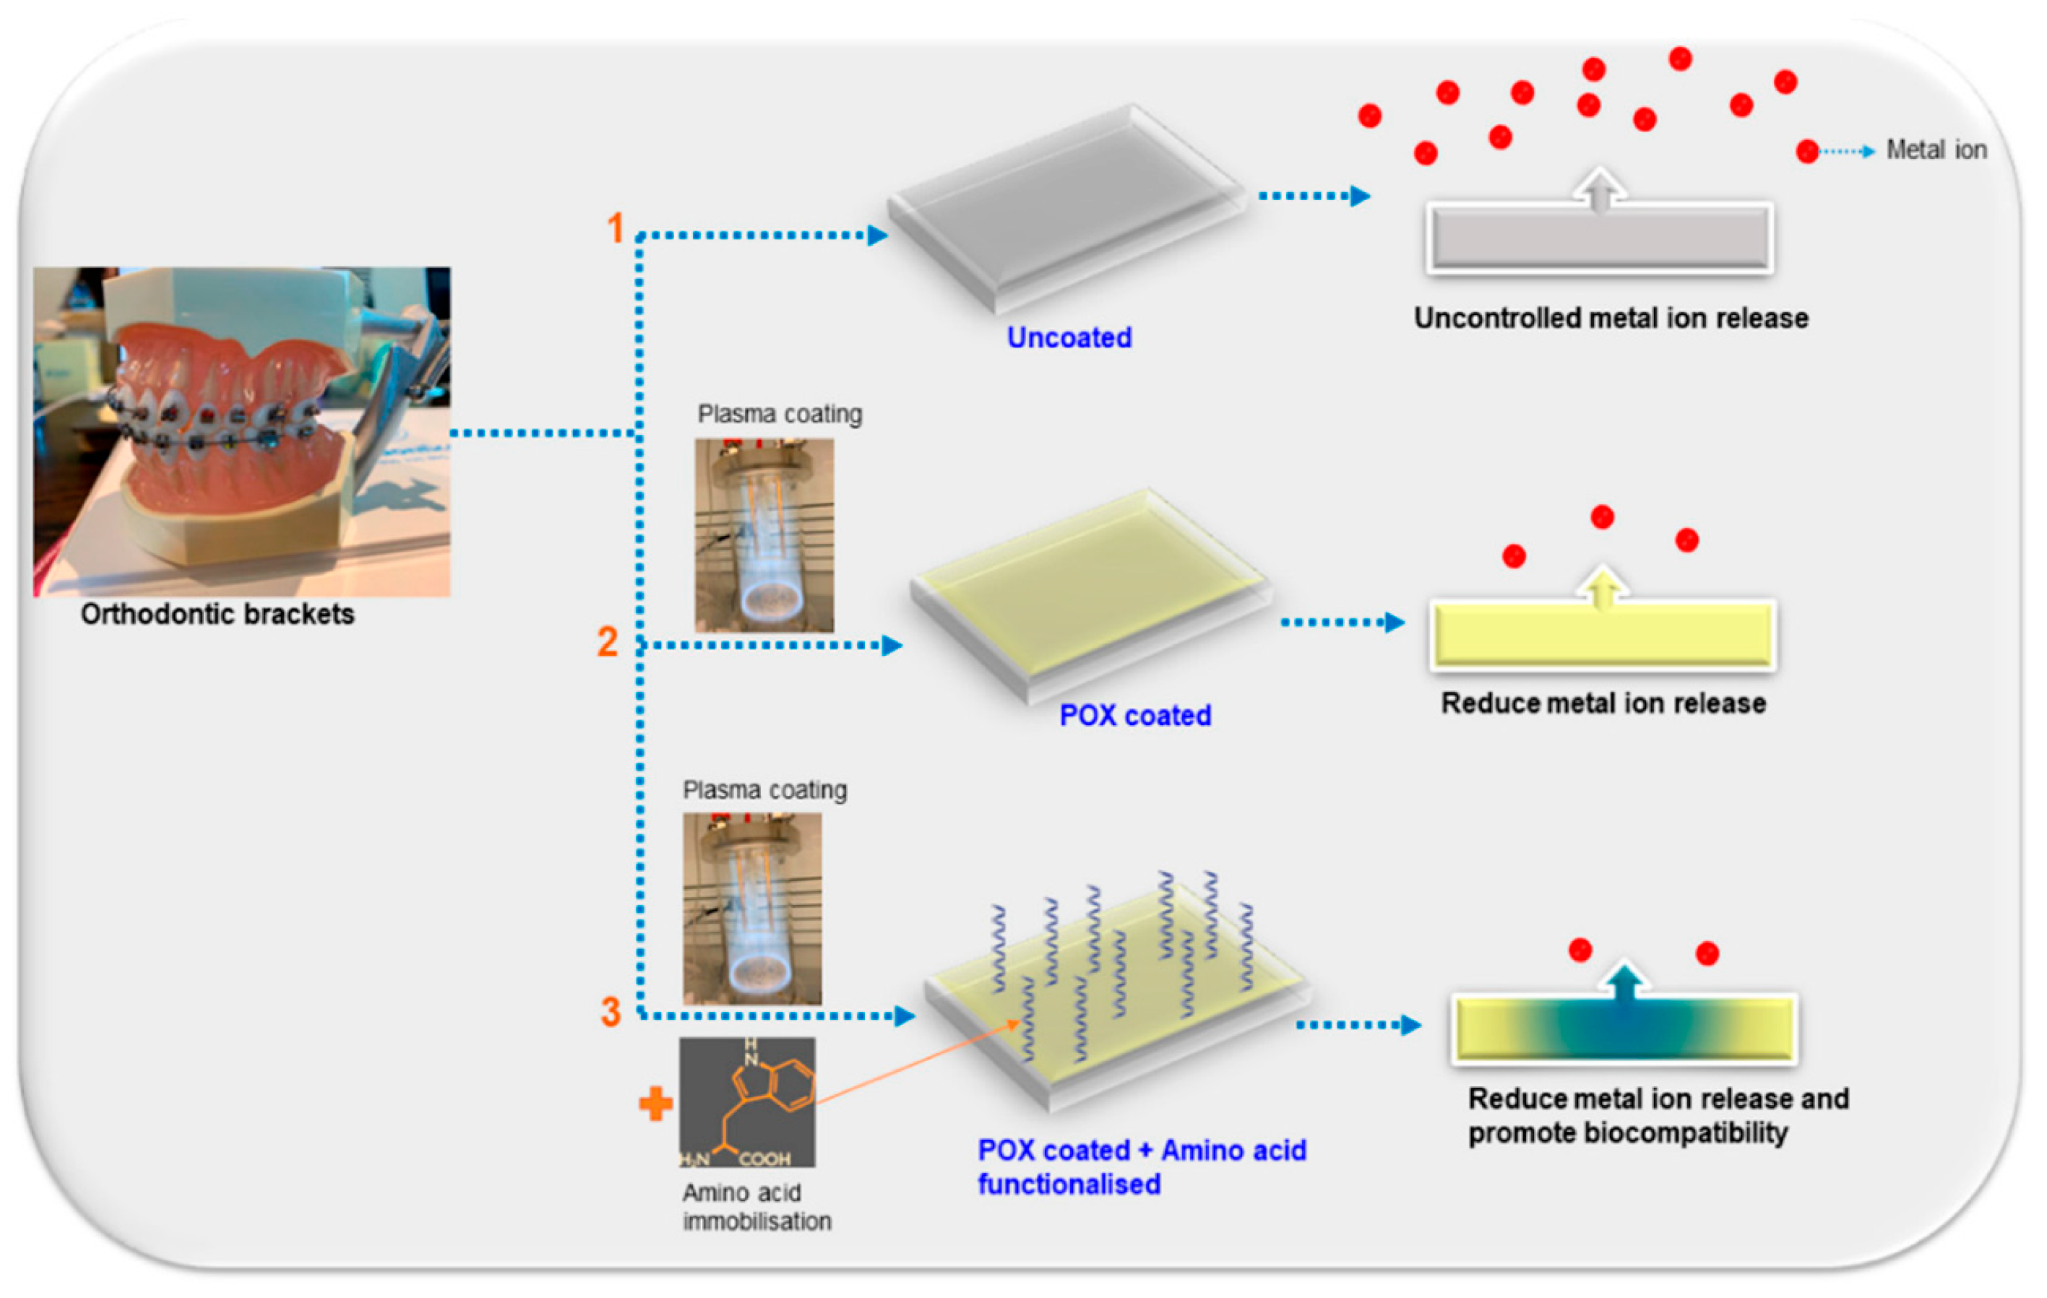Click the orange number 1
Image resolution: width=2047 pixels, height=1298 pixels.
tap(616, 228)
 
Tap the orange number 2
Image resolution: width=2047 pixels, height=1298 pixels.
tap(607, 641)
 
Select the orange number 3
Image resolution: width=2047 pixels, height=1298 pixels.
tap(611, 1011)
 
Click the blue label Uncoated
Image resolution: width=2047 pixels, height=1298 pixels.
tap(1069, 337)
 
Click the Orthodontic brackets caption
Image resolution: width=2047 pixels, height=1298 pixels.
tap(217, 614)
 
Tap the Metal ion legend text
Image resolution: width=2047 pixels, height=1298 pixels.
tap(1936, 150)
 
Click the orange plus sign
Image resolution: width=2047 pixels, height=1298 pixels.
tap(655, 1104)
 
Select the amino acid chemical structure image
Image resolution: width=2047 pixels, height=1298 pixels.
tap(746, 1102)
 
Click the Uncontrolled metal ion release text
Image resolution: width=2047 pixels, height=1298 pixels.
tap(1610, 318)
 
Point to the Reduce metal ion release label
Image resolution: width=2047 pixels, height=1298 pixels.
tap(1603, 703)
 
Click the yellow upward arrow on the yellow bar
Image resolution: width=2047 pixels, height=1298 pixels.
tap(1603, 587)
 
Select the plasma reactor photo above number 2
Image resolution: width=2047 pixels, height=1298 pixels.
tap(763, 535)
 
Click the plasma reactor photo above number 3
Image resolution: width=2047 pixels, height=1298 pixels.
tap(751, 909)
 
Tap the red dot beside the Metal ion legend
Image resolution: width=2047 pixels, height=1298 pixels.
tap(1806, 151)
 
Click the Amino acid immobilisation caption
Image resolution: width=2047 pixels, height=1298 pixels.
tap(756, 1206)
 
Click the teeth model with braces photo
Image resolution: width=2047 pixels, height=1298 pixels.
tap(241, 431)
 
